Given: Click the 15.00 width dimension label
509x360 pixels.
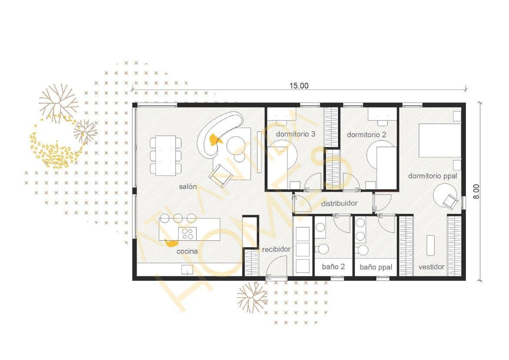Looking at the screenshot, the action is [298, 86].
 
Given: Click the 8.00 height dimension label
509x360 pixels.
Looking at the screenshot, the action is [476, 192].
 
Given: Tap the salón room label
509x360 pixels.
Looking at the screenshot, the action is [188, 186].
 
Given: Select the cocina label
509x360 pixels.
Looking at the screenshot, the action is [187, 251].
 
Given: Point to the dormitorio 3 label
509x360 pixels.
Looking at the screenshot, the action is [295, 134].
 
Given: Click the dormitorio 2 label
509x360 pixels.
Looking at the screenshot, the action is [366, 135].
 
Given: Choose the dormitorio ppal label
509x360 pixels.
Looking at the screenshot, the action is [432, 176].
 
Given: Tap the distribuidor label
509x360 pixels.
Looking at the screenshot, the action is [339, 203].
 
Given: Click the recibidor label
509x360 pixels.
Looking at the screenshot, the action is [276, 249].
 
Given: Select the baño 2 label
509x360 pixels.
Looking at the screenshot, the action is [333, 267].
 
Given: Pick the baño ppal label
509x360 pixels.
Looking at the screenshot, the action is [376, 267].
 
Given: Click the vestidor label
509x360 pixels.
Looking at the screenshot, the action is [431, 267].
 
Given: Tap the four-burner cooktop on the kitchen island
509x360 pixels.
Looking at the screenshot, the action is [188, 234].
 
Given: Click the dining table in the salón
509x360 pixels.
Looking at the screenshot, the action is [166, 156].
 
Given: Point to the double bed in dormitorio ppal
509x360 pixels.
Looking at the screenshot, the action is [440, 140].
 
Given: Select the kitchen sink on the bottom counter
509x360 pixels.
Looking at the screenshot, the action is [187, 270].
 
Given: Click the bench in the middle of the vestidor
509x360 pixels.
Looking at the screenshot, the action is [430, 245].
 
